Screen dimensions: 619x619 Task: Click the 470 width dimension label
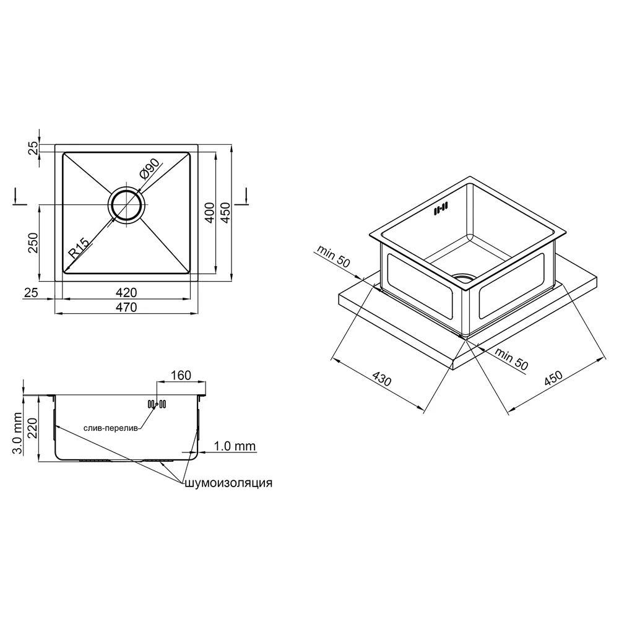[126, 307]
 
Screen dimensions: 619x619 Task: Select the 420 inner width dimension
[126, 293]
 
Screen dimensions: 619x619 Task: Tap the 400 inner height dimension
[210, 212]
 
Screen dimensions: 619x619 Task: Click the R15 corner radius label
[78, 248]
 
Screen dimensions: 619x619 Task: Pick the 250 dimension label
[33, 243]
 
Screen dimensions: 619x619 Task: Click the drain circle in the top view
[127, 205]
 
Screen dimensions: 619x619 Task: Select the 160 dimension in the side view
[181, 375]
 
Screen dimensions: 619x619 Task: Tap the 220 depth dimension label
[32, 428]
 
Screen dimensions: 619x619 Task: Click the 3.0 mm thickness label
[17, 433]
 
